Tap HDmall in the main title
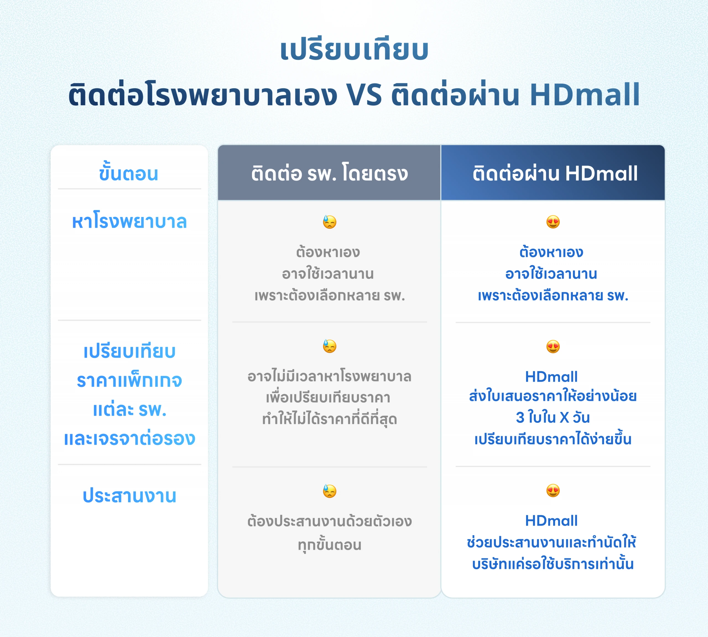(585, 95)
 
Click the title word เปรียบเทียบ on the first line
(354, 50)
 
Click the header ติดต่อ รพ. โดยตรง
(329, 173)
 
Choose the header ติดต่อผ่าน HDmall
(555, 173)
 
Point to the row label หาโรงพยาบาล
(129, 222)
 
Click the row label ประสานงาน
(129, 496)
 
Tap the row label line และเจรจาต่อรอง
(129, 439)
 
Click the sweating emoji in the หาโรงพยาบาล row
(329, 222)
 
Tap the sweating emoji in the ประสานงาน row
(329, 491)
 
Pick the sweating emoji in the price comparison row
(329, 346)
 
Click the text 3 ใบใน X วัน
(553, 418)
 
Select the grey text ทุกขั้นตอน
(329, 545)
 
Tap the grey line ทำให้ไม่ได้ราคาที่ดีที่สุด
(329, 419)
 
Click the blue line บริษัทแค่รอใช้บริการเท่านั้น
(553, 564)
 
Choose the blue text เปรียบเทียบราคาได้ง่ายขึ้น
(553, 439)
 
